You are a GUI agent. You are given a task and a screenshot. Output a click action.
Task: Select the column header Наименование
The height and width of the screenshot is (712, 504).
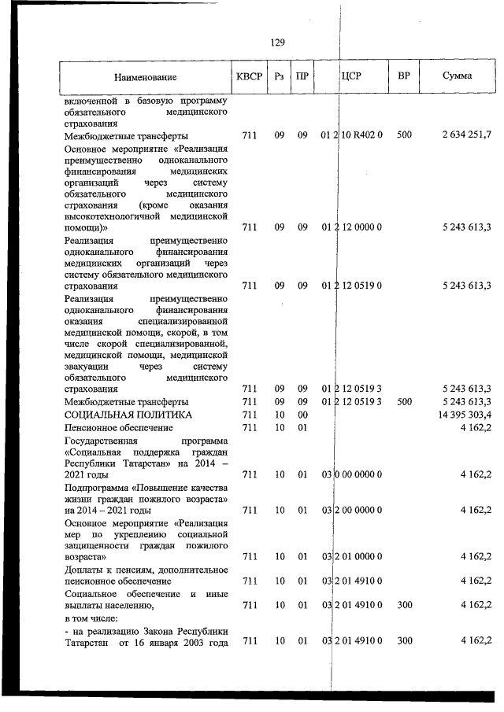click(x=145, y=77)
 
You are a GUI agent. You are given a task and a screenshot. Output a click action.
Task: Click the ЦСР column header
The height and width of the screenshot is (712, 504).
click(x=351, y=76)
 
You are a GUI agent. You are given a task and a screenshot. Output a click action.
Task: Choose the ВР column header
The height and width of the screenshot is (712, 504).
click(x=403, y=76)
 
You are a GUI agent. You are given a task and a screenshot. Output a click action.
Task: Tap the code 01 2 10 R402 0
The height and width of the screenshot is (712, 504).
click(x=352, y=135)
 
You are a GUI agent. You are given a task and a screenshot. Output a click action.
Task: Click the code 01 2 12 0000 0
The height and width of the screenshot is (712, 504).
click(x=352, y=227)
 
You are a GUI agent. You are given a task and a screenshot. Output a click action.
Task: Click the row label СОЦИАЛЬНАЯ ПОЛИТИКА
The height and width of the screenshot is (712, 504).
click(x=128, y=414)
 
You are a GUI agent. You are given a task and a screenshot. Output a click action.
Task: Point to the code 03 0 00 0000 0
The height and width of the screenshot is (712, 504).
click(x=352, y=474)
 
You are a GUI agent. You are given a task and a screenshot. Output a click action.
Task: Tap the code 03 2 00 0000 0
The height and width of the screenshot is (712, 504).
click(x=352, y=510)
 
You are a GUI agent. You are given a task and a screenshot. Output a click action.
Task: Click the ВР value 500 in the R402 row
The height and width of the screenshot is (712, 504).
click(x=404, y=135)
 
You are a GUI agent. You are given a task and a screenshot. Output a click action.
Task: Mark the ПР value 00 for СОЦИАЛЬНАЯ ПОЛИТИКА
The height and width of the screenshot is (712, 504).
click(x=302, y=414)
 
